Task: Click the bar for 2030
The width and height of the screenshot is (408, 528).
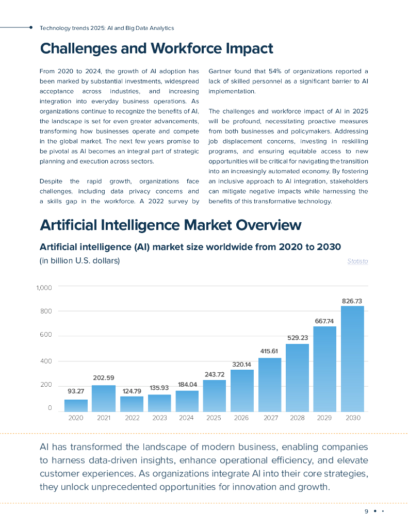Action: click(x=352, y=358)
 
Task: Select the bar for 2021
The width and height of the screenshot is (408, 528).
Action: click(x=104, y=398)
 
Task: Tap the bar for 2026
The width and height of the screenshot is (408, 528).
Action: click(x=242, y=390)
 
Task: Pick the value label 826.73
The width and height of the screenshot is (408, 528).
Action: click(x=352, y=301)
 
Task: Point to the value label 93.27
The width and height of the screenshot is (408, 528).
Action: click(x=76, y=391)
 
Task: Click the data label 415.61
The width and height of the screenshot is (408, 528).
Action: click(x=270, y=351)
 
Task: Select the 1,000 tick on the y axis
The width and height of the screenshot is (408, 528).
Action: click(x=44, y=287)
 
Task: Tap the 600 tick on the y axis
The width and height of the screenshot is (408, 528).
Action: click(x=47, y=336)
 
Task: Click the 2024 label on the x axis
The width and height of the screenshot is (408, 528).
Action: click(x=186, y=418)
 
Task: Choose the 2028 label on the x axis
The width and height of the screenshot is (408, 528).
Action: click(x=297, y=418)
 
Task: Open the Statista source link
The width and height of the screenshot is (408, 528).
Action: click(x=357, y=261)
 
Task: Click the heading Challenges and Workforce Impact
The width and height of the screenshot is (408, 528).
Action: click(x=156, y=48)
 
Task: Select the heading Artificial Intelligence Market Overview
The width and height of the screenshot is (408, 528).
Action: click(x=170, y=225)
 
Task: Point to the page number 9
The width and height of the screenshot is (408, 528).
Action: click(x=366, y=511)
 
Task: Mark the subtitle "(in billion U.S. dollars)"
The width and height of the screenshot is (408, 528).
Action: click(x=79, y=261)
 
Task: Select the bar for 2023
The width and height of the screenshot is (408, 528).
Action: click(x=159, y=403)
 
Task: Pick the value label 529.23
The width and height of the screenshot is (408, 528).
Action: click(x=298, y=338)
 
